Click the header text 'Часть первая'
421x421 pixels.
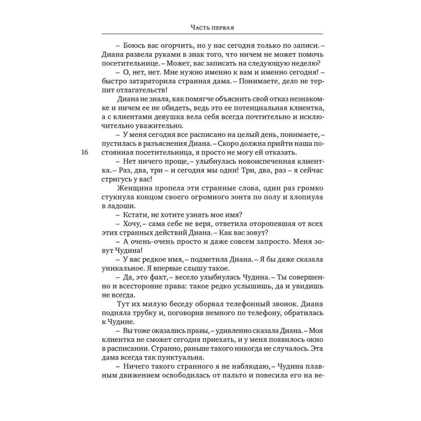212,28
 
